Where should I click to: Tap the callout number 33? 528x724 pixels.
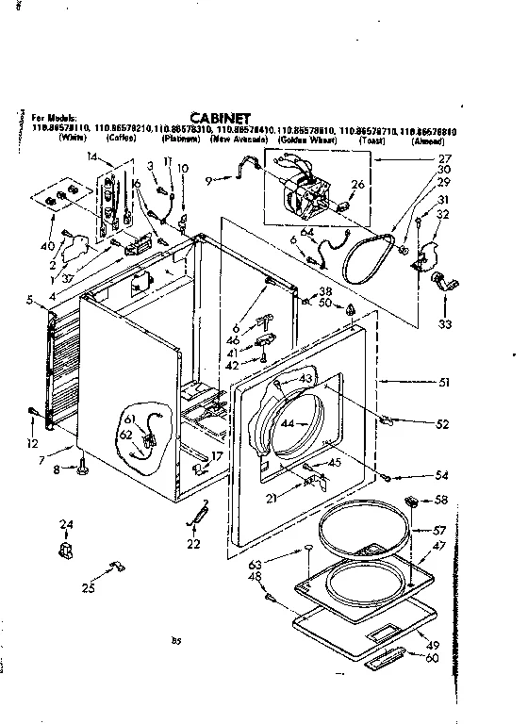click(x=445, y=324)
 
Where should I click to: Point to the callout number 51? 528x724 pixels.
click(x=444, y=383)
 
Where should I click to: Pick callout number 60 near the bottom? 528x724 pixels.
click(x=432, y=658)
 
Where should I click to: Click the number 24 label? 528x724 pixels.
click(x=66, y=525)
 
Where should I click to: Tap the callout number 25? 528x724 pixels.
click(x=88, y=589)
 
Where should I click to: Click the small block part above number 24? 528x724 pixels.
click(x=65, y=548)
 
